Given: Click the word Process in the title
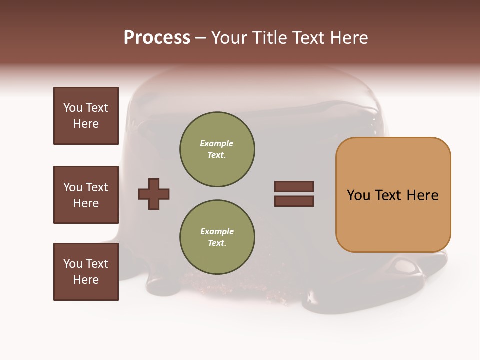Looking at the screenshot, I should click(157, 38).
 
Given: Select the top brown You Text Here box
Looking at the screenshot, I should click(86, 116).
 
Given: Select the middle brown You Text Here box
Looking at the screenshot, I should click(86, 195).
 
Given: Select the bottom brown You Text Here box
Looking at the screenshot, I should click(86, 272).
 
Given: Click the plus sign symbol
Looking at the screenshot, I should click(154, 194).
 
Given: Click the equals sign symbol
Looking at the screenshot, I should click(294, 194).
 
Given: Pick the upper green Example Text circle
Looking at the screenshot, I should click(217, 149).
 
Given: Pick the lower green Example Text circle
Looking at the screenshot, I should click(217, 237).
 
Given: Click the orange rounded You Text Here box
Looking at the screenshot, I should click(393, 195).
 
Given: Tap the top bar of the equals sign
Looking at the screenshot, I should click(294, 186).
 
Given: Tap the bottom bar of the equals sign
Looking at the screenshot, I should click(294, 201).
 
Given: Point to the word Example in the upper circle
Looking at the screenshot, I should click(217, 144).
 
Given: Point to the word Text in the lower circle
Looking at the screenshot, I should click(217, 243).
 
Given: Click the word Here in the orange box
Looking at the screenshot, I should click(422, 195).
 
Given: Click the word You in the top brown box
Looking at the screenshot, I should click(73, 108).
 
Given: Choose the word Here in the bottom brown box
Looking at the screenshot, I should click(86, 280).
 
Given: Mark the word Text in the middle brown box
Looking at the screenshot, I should click(97, 187).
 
